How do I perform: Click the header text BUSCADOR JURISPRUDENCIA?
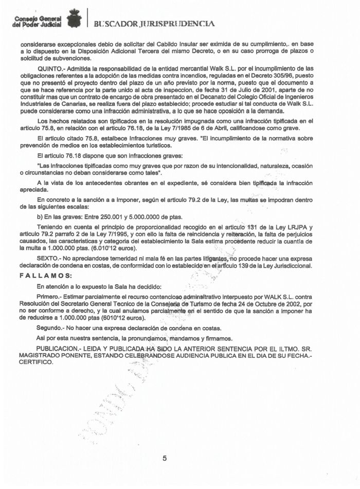pyautogui.click(x=154, y=23)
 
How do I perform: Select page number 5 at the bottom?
pyautogui.click(x=165, y=458)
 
